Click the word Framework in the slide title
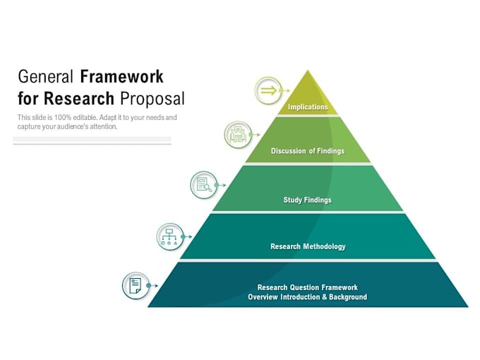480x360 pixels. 121,76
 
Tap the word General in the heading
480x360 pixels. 46,76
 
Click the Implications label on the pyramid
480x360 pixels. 308,107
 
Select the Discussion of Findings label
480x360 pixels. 308,151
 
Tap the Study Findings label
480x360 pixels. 308,200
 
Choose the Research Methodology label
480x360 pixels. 308,246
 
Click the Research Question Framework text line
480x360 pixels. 308,287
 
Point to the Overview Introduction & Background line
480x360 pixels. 308,297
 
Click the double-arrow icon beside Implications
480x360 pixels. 268,91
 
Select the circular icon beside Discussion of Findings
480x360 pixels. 238,134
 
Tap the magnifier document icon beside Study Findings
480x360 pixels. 204,185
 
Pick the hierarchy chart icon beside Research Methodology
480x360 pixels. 170,236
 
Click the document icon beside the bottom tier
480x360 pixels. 136,285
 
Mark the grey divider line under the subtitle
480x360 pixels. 92,143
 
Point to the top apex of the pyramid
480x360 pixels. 308,71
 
